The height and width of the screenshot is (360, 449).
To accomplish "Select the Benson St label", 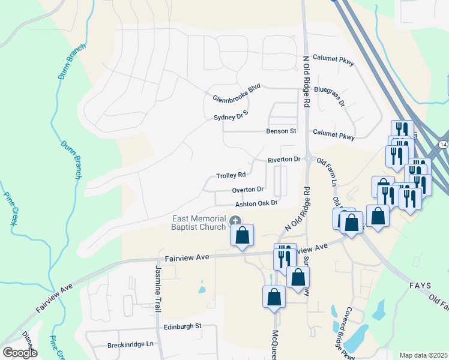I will (x=282, y=131).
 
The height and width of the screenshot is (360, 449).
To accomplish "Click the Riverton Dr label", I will (x=284, y=159).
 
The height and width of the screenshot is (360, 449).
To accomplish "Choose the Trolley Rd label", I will (x=231, y=175).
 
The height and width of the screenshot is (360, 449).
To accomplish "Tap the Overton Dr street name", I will (x=248, y=190).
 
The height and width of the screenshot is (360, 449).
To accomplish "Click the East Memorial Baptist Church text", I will (x=199, y=223).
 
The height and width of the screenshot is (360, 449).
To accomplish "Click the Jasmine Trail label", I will (x=158, y=289).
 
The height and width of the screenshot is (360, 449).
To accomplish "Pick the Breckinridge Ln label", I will (x=131, y=344).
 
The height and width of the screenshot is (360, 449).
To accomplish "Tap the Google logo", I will (x=20, y=352).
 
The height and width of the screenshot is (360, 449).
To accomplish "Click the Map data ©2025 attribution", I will (x=423, y=355).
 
